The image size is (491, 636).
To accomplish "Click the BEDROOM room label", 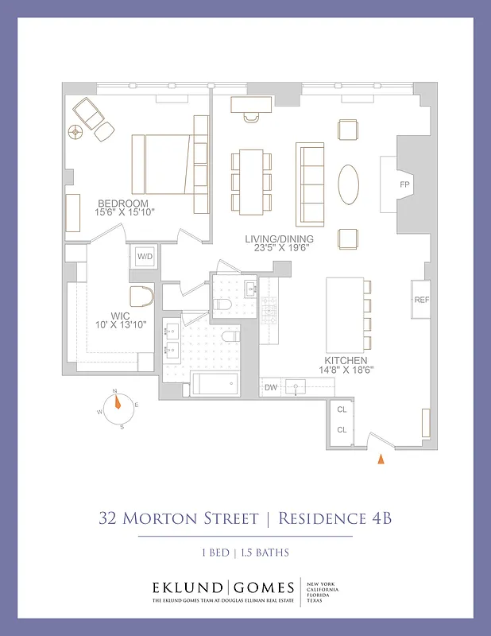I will point(123,204).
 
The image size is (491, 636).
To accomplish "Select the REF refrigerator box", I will point(421,300).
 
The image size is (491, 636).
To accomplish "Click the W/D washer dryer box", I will point(145,256).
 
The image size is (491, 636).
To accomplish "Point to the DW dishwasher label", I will point(271,387).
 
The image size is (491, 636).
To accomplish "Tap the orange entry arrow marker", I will point(381,459).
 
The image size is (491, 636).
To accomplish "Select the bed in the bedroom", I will point(168,164).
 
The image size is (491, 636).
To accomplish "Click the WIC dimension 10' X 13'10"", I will point(120,326).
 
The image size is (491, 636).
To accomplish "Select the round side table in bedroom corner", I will point(77,133).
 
